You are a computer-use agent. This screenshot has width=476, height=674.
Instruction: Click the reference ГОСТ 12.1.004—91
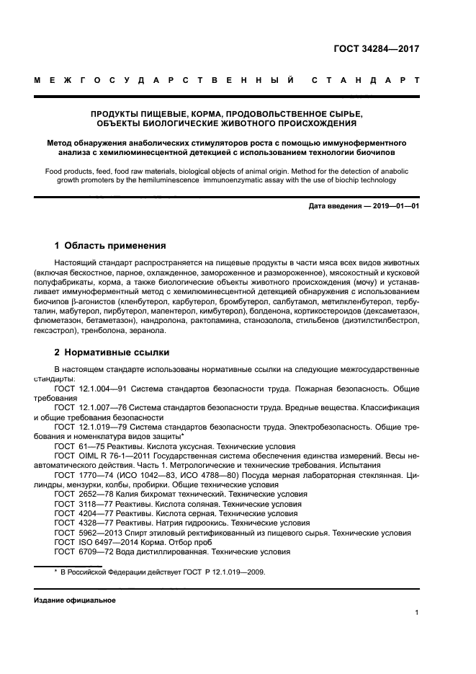pyautogui.click(x=86, y=388)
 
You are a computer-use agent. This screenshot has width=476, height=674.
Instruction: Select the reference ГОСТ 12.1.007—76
pyautogui.click(x=86, y=408)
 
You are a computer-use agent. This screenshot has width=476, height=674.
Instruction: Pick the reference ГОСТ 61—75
pyautogui.click(x=75, y=447)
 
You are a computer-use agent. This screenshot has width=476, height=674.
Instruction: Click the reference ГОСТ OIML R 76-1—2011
pyautogui.click(x=98, y=456)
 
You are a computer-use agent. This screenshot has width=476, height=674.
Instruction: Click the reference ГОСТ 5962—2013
pyautogui.click(x=81, y=533)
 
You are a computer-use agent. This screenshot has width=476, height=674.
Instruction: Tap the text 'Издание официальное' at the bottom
pyautogui.click(x=74, y=600)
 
